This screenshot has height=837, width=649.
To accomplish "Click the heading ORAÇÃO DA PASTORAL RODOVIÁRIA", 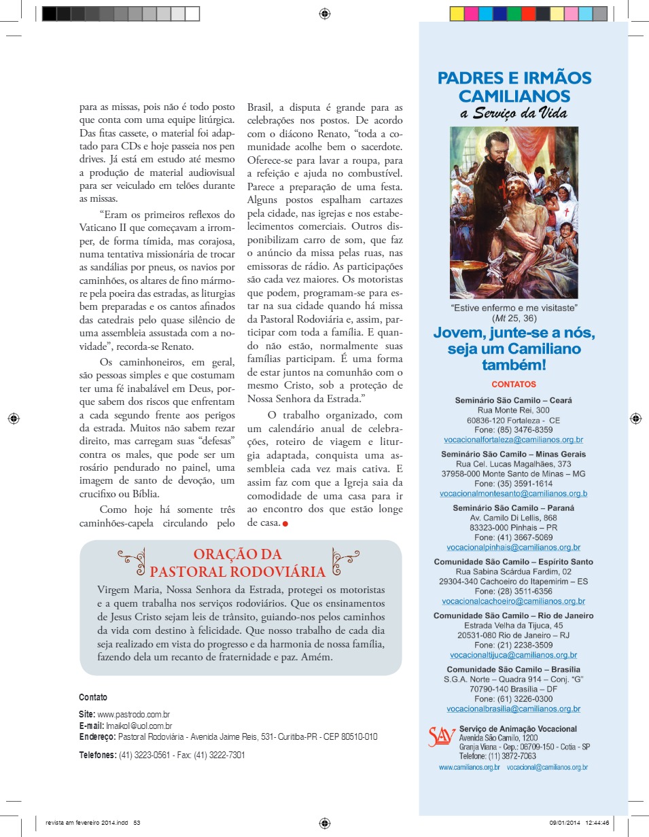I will pos(237,563).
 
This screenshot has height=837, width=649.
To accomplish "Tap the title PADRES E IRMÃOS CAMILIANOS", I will pos(514,87).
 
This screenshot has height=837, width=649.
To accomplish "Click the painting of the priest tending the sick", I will pos(514,212).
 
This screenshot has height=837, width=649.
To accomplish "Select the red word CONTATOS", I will pos(514,385).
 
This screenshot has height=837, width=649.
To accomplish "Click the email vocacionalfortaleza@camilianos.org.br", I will pos(513,440).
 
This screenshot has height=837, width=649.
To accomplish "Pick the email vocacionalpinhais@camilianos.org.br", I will pos(513,547).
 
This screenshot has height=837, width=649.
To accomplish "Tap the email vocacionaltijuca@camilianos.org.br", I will pos(513,655).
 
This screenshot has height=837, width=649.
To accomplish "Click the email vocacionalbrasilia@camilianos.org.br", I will pos(513,709).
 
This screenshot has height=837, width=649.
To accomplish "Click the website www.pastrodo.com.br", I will pos(133,715).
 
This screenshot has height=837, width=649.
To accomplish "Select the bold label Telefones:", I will pos(98,755).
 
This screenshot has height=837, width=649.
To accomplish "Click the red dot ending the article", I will pos(285,524).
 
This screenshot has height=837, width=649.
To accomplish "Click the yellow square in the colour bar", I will pos(457,14).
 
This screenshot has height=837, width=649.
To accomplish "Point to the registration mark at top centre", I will pos(325,13).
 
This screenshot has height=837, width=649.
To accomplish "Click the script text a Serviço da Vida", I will pos(514,113).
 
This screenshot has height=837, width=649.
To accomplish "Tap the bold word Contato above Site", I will pos(93,698).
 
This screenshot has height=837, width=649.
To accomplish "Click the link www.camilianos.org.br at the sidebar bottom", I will pos(469,768).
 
